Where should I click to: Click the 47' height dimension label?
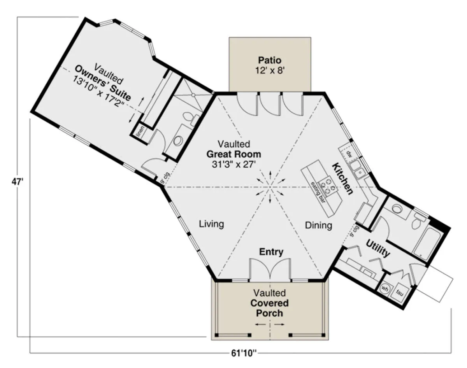tap(17, 182)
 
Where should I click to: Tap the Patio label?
tap(270, 60)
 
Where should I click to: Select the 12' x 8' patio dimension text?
tap(270, 70)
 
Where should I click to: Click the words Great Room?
tap(234, 154)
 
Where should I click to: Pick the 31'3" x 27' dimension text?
tap(233, 165)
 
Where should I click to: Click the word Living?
tap(211, 224)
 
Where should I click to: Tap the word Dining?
tap(318, 226)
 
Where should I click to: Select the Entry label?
tap(271, 252)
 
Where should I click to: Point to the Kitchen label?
tap(342, 179)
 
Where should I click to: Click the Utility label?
tap(378, 249)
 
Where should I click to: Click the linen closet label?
tap(140, 131)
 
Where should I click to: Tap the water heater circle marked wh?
tap(385, 289)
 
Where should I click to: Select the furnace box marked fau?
tap(400, 293)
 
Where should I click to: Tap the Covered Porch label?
tap(270, 308)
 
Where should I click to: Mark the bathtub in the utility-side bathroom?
tap(428, 242)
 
